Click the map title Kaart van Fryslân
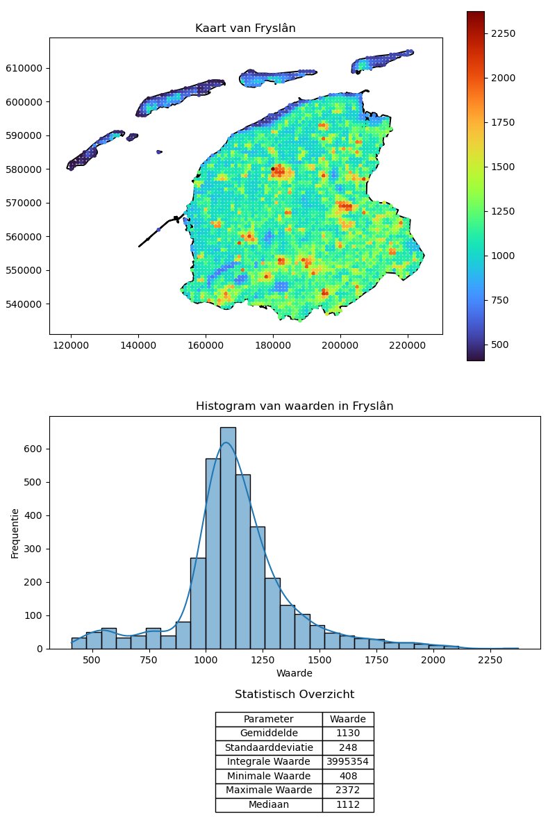pyautogui.click(x=246, y=28)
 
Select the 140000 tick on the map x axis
pyautogui.click(x=138, y=344)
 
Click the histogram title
pyautogui.click(x=294, y=406)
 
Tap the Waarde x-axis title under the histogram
pyautogui.click(x=294, y=674)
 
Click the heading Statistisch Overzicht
pyautogui.click(x=294, y=695)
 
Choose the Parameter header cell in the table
pyautogui.click(x=268, y=719)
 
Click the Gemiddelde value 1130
pyautogui.click(x=347, y=733)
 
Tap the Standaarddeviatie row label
pyautogui.click(x=268, y=748)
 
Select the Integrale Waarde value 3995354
pyautogui.click(x=347, y=762)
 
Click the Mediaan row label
pyautogui.click(x=268, y=805)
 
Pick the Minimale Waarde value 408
pyautogui.click(x=347, y=777)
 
